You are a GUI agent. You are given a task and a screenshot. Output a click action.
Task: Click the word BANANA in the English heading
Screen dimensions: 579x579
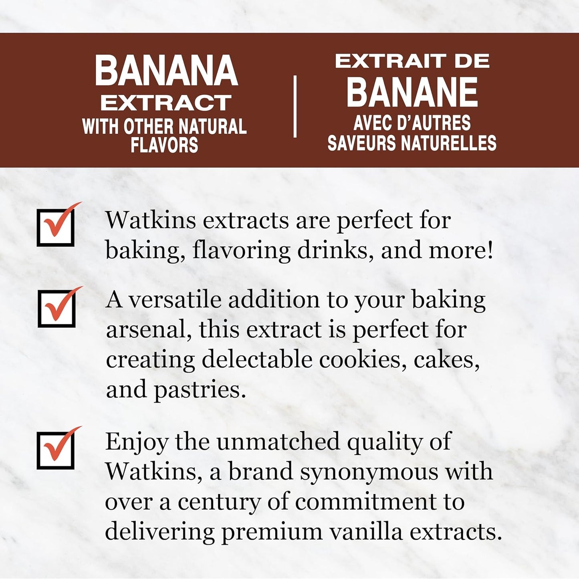click(x=166, y=71)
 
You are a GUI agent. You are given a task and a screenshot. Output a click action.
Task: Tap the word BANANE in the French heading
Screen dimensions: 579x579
click(x=412, y=93)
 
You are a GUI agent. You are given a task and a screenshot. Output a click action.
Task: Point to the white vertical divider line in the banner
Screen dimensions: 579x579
click(x=295, y=107)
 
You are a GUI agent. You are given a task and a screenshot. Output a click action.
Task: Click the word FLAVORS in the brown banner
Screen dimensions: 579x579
click(x=164, y=145)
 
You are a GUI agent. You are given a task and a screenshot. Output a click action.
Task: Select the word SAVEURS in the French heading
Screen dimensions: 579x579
click(x=361, y=143)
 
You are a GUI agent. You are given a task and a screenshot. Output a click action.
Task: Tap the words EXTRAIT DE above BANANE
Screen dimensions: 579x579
click(x=412, y=62)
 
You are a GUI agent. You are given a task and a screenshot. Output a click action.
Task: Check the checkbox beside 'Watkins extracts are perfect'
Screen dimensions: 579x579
click(x=56, y=227)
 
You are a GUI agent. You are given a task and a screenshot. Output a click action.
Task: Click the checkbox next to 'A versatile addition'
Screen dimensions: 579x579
click(x=56, y=309)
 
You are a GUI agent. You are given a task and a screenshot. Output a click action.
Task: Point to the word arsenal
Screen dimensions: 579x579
click(x=146, y=330)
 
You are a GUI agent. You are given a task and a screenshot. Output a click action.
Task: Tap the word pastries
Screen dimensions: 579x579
click(x=200, y=389)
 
